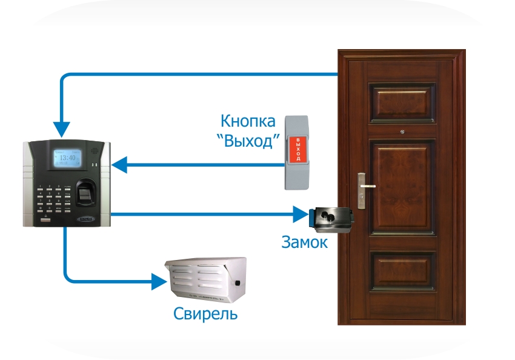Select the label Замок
point(305,242)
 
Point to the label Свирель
point(205,314)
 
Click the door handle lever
point(365,185)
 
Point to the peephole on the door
point(402,130)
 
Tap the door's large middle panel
point(402,188)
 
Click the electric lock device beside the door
point(330,218)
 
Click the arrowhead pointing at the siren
point(159,281)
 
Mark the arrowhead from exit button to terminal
point(119,164)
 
